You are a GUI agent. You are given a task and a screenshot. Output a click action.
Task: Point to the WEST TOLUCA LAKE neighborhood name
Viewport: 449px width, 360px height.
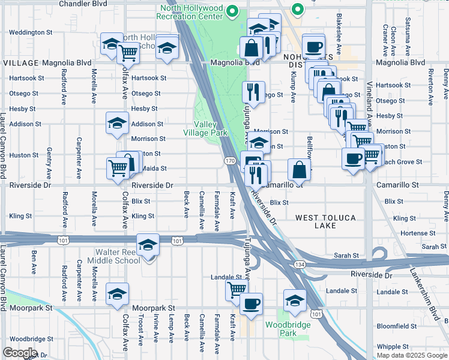pos(325,221)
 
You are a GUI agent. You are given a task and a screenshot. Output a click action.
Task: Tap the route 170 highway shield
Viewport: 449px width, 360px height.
pos(230,161)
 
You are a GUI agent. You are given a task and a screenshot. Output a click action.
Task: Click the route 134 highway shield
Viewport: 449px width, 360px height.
pos(298,264)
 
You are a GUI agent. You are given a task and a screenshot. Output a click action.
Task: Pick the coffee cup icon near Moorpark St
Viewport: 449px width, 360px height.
pos(251,303)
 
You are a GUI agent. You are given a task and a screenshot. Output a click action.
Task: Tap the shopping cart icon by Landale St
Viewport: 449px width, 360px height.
pos(237,289)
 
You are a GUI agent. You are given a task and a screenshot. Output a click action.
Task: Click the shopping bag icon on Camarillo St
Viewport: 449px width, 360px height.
pos(299,169)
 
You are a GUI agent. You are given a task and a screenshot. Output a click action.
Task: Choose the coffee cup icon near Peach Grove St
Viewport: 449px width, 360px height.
pos(353,158)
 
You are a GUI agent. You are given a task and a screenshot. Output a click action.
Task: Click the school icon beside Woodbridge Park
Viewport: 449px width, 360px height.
pos(295,299)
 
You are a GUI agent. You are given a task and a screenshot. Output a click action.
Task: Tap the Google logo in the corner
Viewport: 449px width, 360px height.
pos(19,353)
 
